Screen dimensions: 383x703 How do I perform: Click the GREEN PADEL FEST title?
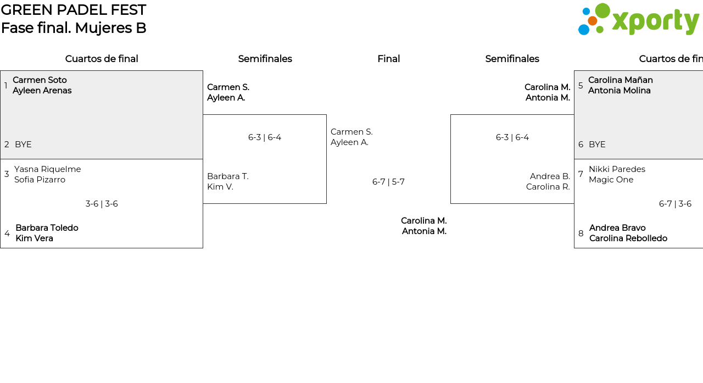[x=74, y=10]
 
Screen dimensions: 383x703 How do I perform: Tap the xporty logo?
[x=638, y=20]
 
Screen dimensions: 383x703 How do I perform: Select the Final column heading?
[x=388, y=59]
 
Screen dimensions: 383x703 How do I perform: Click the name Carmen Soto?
[x=40, y=80]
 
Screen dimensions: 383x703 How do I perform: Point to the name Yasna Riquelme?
[x=48, y=169]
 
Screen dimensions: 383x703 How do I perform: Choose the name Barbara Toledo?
[x=47, y=228]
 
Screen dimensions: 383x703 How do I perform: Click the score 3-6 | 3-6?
[x=102, y=204]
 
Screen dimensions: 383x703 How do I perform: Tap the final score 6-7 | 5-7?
[x=388, y=182]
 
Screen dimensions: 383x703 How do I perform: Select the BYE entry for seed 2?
[x=23, y=145]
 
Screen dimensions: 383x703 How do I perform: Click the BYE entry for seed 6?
[x=597, y=145]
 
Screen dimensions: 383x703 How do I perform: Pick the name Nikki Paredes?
[x=617, y=169]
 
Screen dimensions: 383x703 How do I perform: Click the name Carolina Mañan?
[x=621, y=80]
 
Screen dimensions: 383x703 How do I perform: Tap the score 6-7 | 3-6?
[x=675, y=204]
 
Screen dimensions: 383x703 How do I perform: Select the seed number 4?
[x=7, y=234]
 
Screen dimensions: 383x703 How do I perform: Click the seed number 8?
[x=581, y=234]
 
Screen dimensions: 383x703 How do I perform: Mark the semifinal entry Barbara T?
[x=228, y=176]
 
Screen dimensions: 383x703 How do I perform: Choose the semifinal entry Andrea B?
[x=550, y=176]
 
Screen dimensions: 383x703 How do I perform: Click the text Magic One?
[x=611, y=180]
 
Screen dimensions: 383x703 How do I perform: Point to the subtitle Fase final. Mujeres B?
[x=74, y=28]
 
